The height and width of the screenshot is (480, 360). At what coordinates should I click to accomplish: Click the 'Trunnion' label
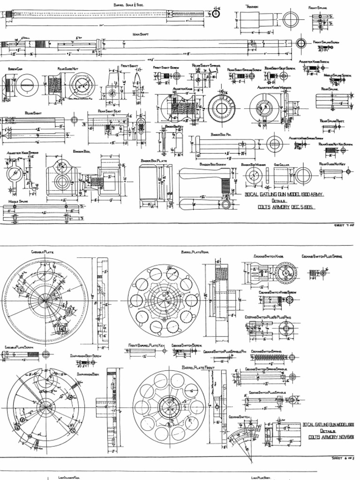pyautogui.click(x=252, y=7)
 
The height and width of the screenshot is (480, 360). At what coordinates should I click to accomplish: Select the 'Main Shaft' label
pyautogui.click(x=141, y=34)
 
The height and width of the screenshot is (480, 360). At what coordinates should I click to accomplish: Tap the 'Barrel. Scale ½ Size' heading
pyautogui.click(x=128, y=4)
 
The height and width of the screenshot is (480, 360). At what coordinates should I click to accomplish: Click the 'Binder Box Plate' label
pyautogui.click(x=154, y=160)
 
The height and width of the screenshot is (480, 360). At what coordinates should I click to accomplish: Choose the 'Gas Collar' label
pyautogui.click(x=281, y=165)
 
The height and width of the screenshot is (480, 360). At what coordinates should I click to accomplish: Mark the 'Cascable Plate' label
pyautogui.click(x=42, y=252)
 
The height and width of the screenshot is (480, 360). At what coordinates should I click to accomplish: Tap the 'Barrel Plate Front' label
pyautogui.click(x=198, y=367)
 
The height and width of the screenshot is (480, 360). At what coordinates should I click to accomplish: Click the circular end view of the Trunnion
pyautogui.click(x=291, y=21)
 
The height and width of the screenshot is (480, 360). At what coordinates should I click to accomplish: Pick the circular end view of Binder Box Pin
pyautogui.click(x=274, y=143)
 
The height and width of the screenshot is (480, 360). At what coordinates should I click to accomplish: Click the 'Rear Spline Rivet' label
pyautogui.click(x=332, y=120)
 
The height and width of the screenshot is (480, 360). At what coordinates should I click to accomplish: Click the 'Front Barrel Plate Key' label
pyautogui.click(x=147, y=345)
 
